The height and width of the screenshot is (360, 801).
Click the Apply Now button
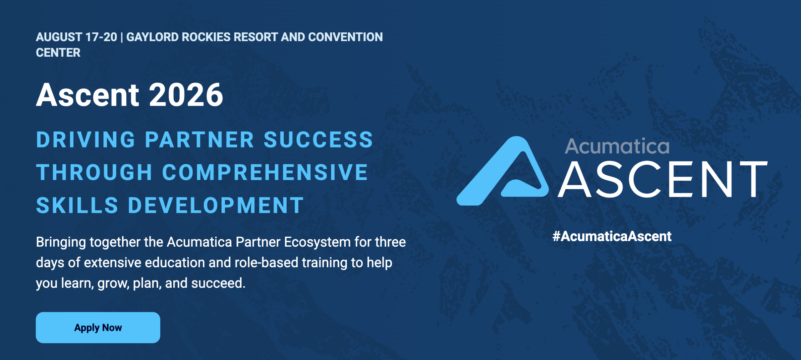coord(98,327)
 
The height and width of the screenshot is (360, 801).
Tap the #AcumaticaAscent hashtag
coord(612,236)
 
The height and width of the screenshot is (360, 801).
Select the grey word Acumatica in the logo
coord(617,146)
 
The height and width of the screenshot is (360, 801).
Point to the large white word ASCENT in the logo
coord(662,179)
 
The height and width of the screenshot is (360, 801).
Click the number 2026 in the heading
coord(186,95)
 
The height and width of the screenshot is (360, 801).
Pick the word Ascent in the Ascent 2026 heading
coord(88,95)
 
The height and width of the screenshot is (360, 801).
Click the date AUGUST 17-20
coord(76,37)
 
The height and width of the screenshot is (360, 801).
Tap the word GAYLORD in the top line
coord(152,37)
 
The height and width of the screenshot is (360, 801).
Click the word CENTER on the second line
coord(58,53)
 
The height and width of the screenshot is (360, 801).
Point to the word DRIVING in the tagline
coord(86,140)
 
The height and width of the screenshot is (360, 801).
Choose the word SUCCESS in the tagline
coord(318,140)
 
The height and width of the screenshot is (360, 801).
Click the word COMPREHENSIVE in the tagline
coord(265,172)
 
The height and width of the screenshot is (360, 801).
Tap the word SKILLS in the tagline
coord(77,205)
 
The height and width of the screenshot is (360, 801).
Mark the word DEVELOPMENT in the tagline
coord(216,205)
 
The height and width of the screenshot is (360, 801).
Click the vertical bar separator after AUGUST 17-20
coord(121,37)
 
